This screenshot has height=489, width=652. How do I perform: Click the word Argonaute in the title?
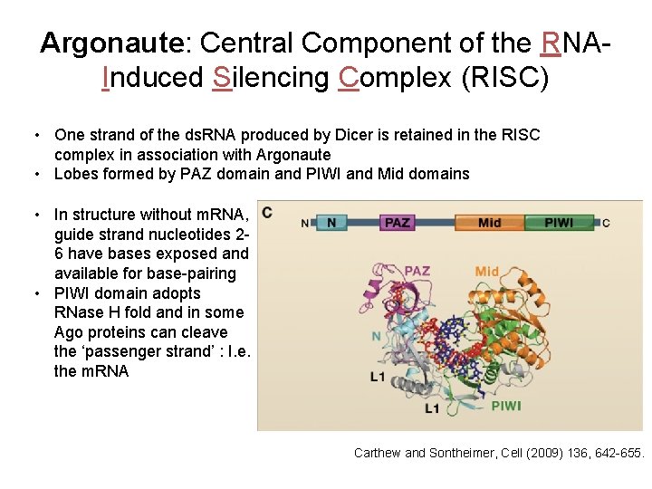(x=112, y=43)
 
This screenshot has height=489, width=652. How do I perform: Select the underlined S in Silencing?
(x=222, y=79)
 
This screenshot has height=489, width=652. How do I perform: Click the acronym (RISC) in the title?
(x=505, y=79)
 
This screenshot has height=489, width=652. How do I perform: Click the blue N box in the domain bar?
(x=331, y=222)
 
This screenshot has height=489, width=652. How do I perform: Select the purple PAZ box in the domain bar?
(x=398, y=222)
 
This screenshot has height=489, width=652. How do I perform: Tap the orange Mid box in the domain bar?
(x=490, y=222)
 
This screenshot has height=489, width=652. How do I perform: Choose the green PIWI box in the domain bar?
(x=559, y=222)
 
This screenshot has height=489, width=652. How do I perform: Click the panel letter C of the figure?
(x=267, y=213)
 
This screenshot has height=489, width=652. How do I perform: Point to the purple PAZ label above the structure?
(x=417, y=270)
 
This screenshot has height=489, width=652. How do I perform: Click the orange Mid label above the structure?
(x=487, y=271)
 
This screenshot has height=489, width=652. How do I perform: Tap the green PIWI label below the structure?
(x=505, y=406)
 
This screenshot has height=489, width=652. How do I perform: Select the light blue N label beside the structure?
(x=377, y=336)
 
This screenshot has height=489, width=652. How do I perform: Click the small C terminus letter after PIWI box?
(x=606, y=223)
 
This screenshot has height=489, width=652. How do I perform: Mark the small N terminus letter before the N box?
(x=304, y=223)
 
